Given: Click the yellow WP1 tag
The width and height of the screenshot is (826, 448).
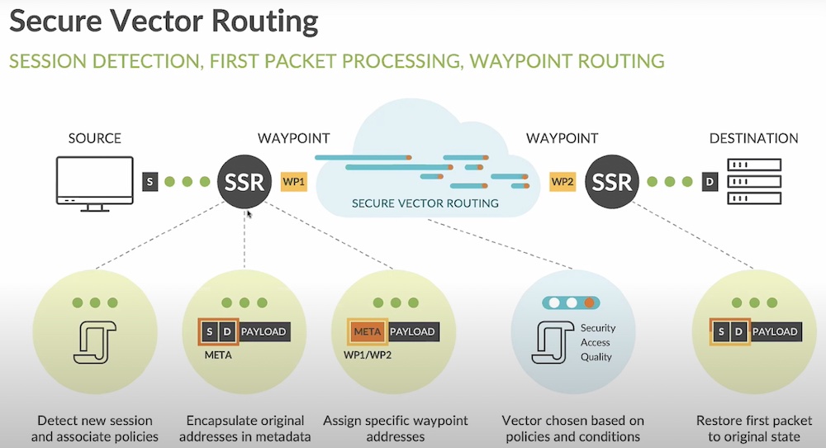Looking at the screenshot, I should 294,181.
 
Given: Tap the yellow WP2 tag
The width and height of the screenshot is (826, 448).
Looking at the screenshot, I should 563,181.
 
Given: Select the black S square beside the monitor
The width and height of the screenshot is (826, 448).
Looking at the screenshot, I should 150,181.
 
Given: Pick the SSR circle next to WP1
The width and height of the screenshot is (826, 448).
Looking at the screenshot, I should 244,181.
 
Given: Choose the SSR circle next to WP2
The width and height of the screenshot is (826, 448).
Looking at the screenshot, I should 612,181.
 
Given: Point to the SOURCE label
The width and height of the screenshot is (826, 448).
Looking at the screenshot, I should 94,138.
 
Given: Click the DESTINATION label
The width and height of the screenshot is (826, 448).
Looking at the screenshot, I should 754,138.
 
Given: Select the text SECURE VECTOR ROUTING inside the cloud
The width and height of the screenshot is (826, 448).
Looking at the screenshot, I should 425,203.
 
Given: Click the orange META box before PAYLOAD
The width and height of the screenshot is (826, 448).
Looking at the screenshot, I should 367,331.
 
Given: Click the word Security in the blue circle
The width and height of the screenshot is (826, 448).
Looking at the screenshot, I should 597,328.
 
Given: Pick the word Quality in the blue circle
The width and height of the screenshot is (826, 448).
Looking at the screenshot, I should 596,357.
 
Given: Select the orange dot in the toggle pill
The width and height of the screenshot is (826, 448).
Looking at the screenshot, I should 591,303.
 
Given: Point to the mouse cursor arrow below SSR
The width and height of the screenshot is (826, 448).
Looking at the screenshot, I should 248,214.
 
